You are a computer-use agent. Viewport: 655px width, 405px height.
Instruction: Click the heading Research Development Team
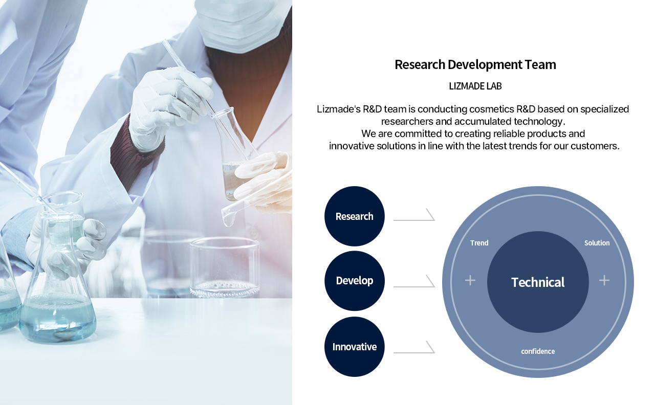pyautogui.click(x=475, y=64)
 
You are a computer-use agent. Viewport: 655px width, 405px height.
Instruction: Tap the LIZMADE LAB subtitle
pyautogui.click(x=475, y=86)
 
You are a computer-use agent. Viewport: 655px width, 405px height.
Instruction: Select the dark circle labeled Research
pyautogui.click(x=355, y=216)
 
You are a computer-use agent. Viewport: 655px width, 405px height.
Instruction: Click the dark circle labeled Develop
pyautogui.click(x=355, y=281)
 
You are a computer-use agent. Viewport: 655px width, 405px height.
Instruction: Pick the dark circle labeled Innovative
pyautogui.click(x=355, y=347)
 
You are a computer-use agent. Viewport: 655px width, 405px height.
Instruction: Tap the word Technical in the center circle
pyautogui.click(x=538, y=282)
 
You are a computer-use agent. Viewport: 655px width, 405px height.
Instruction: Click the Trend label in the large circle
pyautogui.click(x=479, y=243)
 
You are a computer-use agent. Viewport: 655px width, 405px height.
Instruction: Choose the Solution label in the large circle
pyautogui.click(x=597, y=243)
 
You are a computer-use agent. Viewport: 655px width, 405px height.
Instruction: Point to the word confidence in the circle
pyautogui.click(x=538, y=351)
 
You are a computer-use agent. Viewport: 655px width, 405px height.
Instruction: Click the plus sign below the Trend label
pyautogui.click(x=470, y=281)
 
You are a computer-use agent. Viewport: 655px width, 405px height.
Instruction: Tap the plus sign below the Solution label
pyautogui.click(x=604, y=281)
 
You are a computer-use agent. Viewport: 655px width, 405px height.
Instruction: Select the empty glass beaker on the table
pyautogui.click(x=225, y=267)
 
